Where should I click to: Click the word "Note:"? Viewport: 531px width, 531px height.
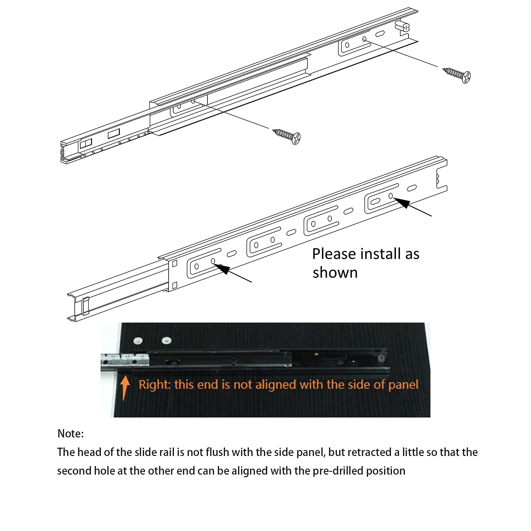tap(71, 434)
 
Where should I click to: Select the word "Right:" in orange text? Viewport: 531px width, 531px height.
tap(154, 385)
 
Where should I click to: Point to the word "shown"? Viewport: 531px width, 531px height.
tap(335, 273)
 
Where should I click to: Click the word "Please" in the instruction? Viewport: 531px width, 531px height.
tap(337, 254)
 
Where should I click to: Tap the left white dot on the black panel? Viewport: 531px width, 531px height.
tap(137, 341)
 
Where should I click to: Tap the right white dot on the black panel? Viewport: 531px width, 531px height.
tap(167, 341)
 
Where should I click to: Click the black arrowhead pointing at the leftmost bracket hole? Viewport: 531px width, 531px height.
tap(221, 268)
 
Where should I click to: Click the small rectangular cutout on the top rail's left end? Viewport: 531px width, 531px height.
tap(114, 133)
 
